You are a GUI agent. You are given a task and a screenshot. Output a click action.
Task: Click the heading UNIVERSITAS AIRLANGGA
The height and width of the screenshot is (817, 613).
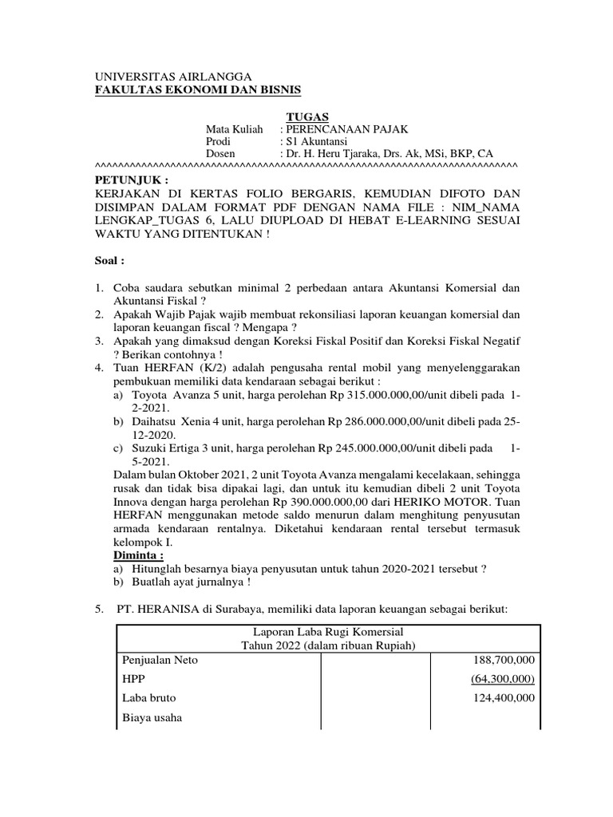162,75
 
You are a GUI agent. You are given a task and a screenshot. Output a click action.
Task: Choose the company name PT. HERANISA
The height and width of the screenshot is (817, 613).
160,610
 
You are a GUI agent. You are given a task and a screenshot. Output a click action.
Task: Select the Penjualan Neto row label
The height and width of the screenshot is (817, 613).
160,660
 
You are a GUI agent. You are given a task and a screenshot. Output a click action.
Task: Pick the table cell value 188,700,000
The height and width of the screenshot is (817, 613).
502,660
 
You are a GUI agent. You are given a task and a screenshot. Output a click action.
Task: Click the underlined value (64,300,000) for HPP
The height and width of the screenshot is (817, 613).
502,679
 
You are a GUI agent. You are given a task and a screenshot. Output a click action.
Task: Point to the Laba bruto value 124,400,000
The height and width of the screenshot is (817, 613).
502,698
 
